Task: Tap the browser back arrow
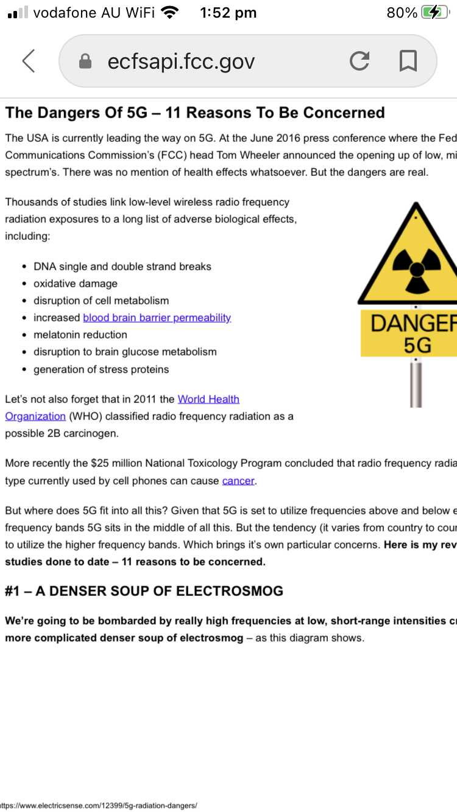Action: (x=29, y=61)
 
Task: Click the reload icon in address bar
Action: (x=360, y=61)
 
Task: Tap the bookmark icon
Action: (x=408, y=61)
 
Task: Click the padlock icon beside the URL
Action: (x=86, y=61)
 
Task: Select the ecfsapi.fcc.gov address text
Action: (x=181, y=61)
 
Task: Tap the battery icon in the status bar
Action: (x=435, y=13)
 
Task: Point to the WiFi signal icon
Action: (x=170, y=13)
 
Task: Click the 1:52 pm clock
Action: (x=228, y=13)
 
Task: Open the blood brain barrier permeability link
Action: (x=157, y=317)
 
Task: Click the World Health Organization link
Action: (x=208, y=399)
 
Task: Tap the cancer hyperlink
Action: (x=238, y=481)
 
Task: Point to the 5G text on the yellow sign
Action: (x=417, y=345)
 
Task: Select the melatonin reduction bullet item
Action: (x=80, y=335)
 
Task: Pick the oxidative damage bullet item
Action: (x=75, y=284)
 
